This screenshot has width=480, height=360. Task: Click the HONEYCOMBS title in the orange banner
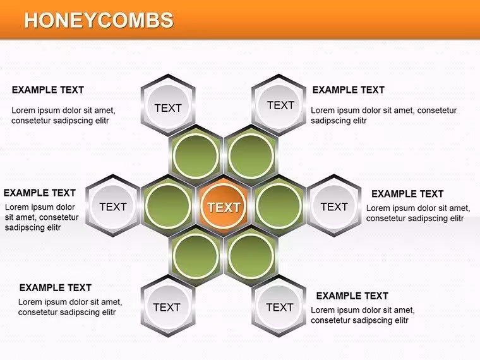[99, 20]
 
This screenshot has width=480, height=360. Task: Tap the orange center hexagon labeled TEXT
[224, 207]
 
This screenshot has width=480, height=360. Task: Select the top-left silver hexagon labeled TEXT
[168, 105]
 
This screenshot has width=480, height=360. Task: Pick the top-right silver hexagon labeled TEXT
[279, 105]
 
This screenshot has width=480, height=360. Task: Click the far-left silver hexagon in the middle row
[113, 206]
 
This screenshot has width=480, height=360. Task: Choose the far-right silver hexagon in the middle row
[334, 206]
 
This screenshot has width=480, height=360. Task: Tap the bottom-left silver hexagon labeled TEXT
[168, 306]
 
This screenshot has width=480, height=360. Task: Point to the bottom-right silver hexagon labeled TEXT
[279, 306]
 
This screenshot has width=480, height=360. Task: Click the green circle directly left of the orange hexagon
[168, 206]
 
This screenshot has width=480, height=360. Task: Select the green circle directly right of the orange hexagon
[279, 206]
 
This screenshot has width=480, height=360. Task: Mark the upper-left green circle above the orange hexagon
[196, 156]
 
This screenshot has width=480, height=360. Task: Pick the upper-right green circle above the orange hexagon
[251, 156]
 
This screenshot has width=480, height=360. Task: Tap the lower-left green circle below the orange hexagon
[196, 256]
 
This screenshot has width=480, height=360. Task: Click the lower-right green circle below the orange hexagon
[251, 256]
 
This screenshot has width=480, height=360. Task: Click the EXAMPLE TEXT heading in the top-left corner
[48, 90]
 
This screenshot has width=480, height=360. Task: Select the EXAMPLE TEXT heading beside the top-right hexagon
[349, 90]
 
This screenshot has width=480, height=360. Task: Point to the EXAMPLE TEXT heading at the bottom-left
[56, 288]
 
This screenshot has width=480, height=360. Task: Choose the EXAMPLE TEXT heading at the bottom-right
[352, 296]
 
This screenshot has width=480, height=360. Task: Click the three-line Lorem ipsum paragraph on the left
[42, 217]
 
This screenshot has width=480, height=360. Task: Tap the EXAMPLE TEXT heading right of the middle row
[407, 194]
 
